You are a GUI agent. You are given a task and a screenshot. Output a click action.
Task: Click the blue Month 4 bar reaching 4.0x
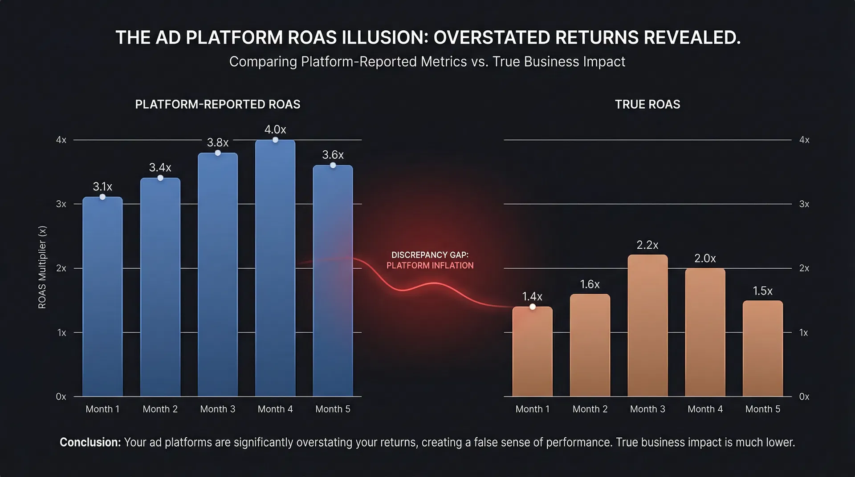275,267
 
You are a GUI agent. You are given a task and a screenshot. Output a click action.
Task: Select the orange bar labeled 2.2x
647,325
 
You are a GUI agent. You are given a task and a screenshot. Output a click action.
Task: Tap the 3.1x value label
102,186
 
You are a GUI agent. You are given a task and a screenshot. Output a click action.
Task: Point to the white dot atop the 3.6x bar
333,165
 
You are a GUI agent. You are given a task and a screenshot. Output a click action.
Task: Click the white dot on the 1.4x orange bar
533,307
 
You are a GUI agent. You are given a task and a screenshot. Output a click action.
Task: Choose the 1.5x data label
762,291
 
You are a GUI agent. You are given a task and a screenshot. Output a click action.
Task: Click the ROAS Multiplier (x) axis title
42,267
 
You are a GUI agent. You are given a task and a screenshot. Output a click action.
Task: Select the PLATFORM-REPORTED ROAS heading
217,104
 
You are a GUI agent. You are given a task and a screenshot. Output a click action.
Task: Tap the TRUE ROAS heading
647,104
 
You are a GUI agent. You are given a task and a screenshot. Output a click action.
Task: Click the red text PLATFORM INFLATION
430,266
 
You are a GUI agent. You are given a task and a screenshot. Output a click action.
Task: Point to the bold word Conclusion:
90,442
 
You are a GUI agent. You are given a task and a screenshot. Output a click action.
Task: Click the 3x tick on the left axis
61,204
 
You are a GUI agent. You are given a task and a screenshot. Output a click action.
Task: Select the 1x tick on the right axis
803,333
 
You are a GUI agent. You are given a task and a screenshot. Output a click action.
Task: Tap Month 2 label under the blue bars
160,409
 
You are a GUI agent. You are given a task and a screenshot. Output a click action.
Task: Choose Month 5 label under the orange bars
762,409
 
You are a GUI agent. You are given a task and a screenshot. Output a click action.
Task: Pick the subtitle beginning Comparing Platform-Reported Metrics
427,61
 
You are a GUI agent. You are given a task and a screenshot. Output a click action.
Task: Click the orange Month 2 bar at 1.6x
590,345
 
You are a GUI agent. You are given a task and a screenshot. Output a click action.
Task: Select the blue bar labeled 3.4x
160,287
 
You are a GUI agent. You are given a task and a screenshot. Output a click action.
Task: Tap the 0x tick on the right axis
804,396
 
